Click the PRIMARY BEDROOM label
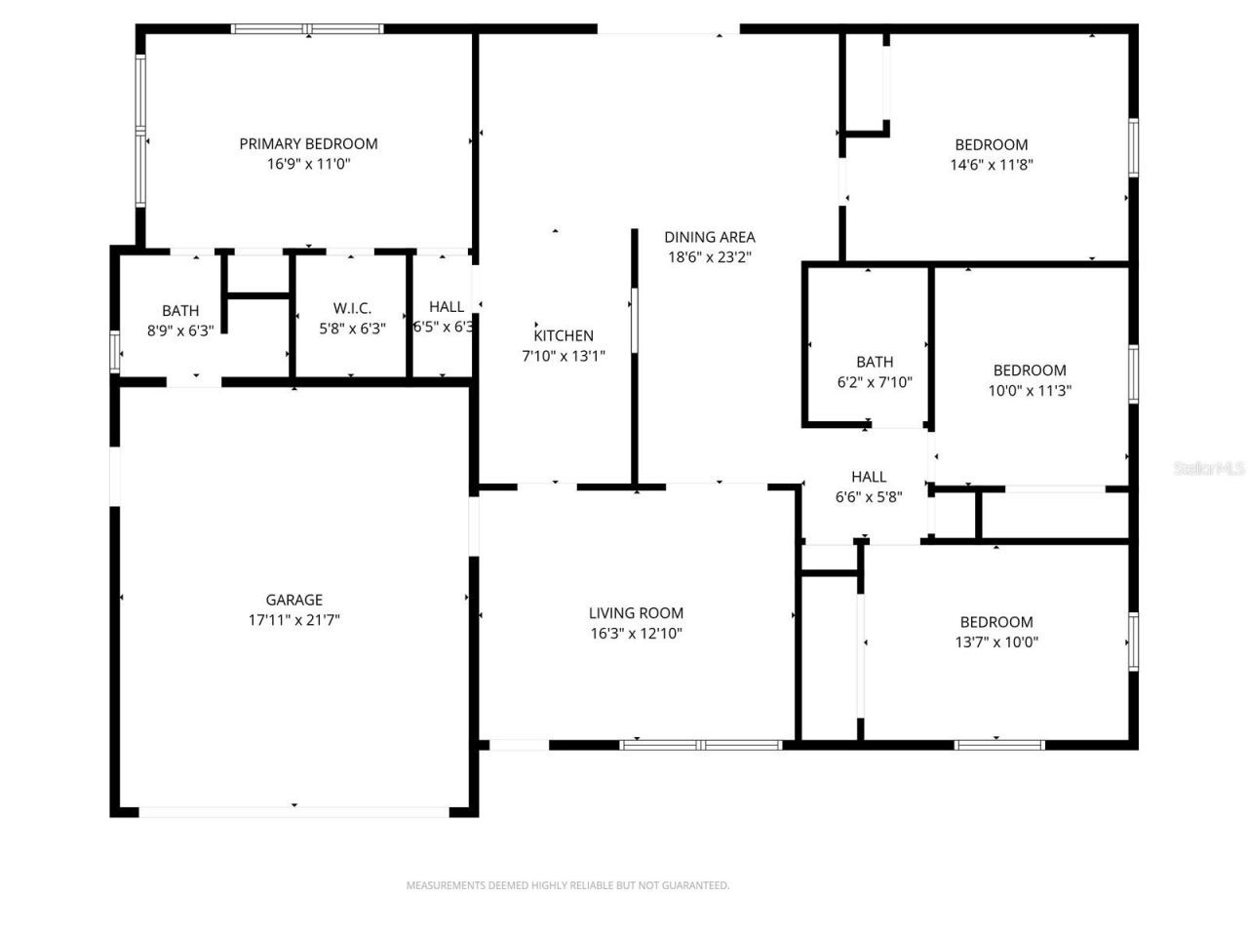coord(308,143)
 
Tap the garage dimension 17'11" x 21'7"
coord(293,620)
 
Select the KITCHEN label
coord(564,335)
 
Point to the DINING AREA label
coord(710,237)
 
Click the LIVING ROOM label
coord(636,612)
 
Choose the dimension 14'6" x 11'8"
coord(991,165)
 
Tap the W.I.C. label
coord(352,308)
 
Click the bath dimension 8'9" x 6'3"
coord(180,331)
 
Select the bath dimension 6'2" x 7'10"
coord(875,382)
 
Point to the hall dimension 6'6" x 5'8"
coord(869,496)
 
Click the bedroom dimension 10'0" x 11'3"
coord(1029,390)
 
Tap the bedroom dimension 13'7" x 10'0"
coord(996,642)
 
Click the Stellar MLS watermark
coord(1209,468)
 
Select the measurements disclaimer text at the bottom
coord(567,885)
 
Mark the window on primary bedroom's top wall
coord(307,29)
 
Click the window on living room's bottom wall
coord(701,745)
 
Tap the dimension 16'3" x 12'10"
coord(636,633)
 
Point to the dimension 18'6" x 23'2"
coord(710,257)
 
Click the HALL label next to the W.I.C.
coord(447,306)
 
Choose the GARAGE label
coord(293,600)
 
